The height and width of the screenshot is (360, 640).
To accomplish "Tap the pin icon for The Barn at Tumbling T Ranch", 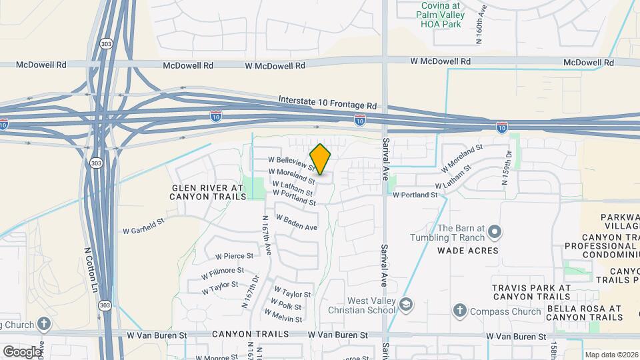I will tap(495, 232).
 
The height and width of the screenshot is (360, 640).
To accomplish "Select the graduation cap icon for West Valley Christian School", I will tap(405, 305).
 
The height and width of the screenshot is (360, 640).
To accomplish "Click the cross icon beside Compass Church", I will tap(459, 310).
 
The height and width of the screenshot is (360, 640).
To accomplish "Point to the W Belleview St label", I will tap(291, 162).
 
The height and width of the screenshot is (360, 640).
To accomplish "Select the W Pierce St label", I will tap(234, 255).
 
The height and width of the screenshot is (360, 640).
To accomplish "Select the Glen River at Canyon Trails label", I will tap(208, 193).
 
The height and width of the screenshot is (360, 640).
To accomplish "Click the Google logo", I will tap(22, 351).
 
